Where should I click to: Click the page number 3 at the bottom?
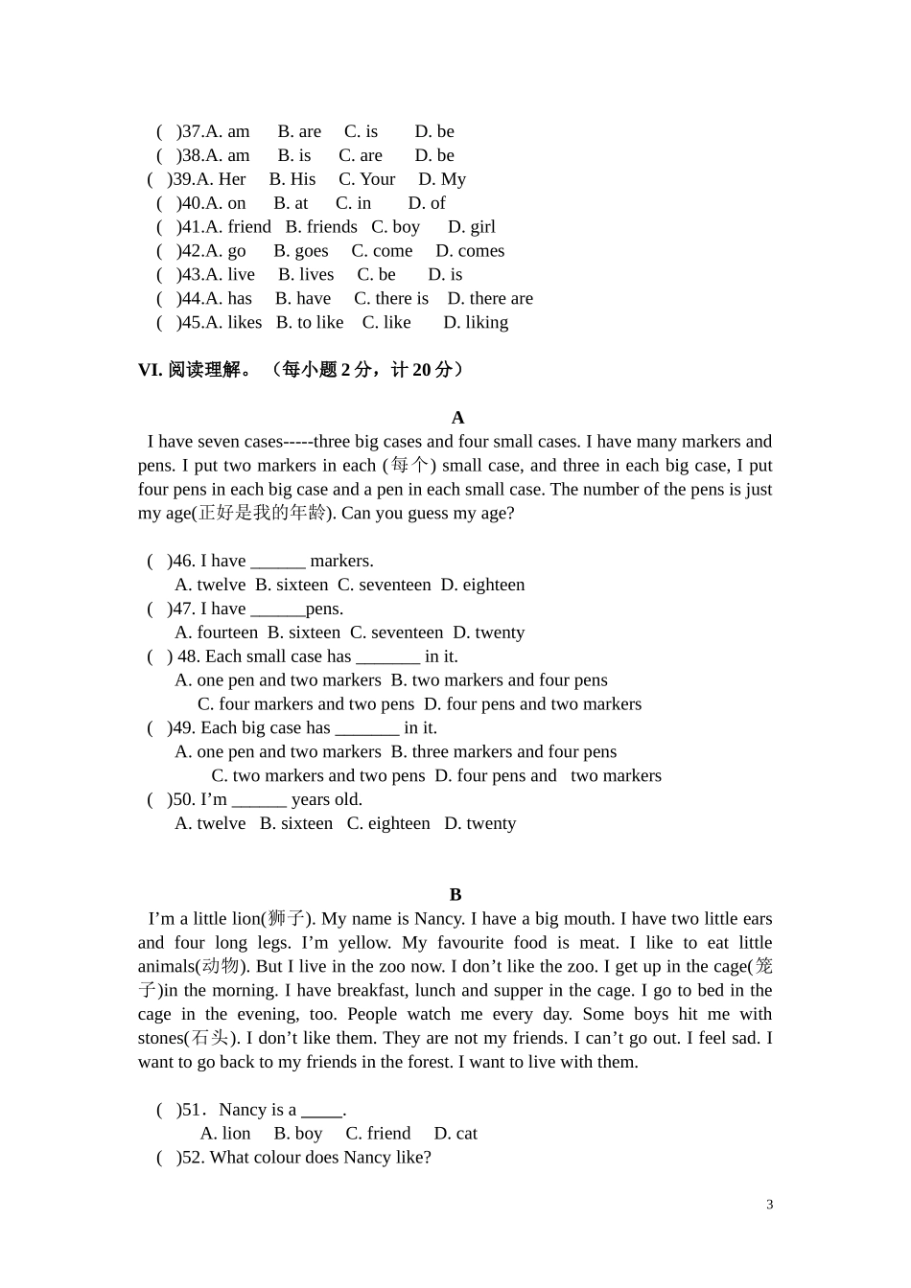coord(769,1205)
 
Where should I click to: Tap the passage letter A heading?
coord(457,418)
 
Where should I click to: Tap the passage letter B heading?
coord(455,895)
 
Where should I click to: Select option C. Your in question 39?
coord(366,179)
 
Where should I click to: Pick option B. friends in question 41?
coord(321,227)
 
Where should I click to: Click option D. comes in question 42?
coord(470,251)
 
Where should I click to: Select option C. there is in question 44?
coord(391,299)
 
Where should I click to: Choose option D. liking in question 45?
coord(476,323)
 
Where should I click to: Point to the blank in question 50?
coord(259,800)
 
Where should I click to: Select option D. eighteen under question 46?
coord(482,586)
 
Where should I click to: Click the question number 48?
coord(188,656)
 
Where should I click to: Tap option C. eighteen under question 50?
coord(388,824)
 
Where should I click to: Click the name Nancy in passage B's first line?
coord(438,919)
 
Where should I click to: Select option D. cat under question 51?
coord(455,1134)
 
